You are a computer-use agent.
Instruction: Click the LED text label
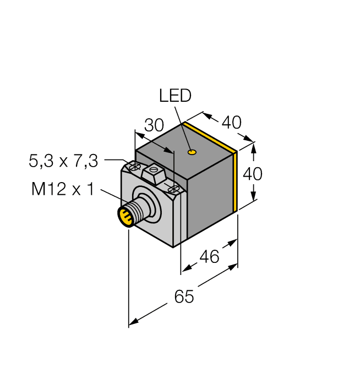[175, 96]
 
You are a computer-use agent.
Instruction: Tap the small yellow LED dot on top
[191, 152]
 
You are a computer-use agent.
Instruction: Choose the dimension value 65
[184, 297]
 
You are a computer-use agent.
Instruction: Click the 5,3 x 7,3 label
[63, 161]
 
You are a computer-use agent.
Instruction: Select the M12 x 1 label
[62, 190]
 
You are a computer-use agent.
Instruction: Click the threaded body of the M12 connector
[135, 212]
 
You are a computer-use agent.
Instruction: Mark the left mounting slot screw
[133, 166]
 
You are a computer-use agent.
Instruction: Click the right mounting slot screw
[174, 189]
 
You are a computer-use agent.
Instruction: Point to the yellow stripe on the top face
[210, 136]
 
